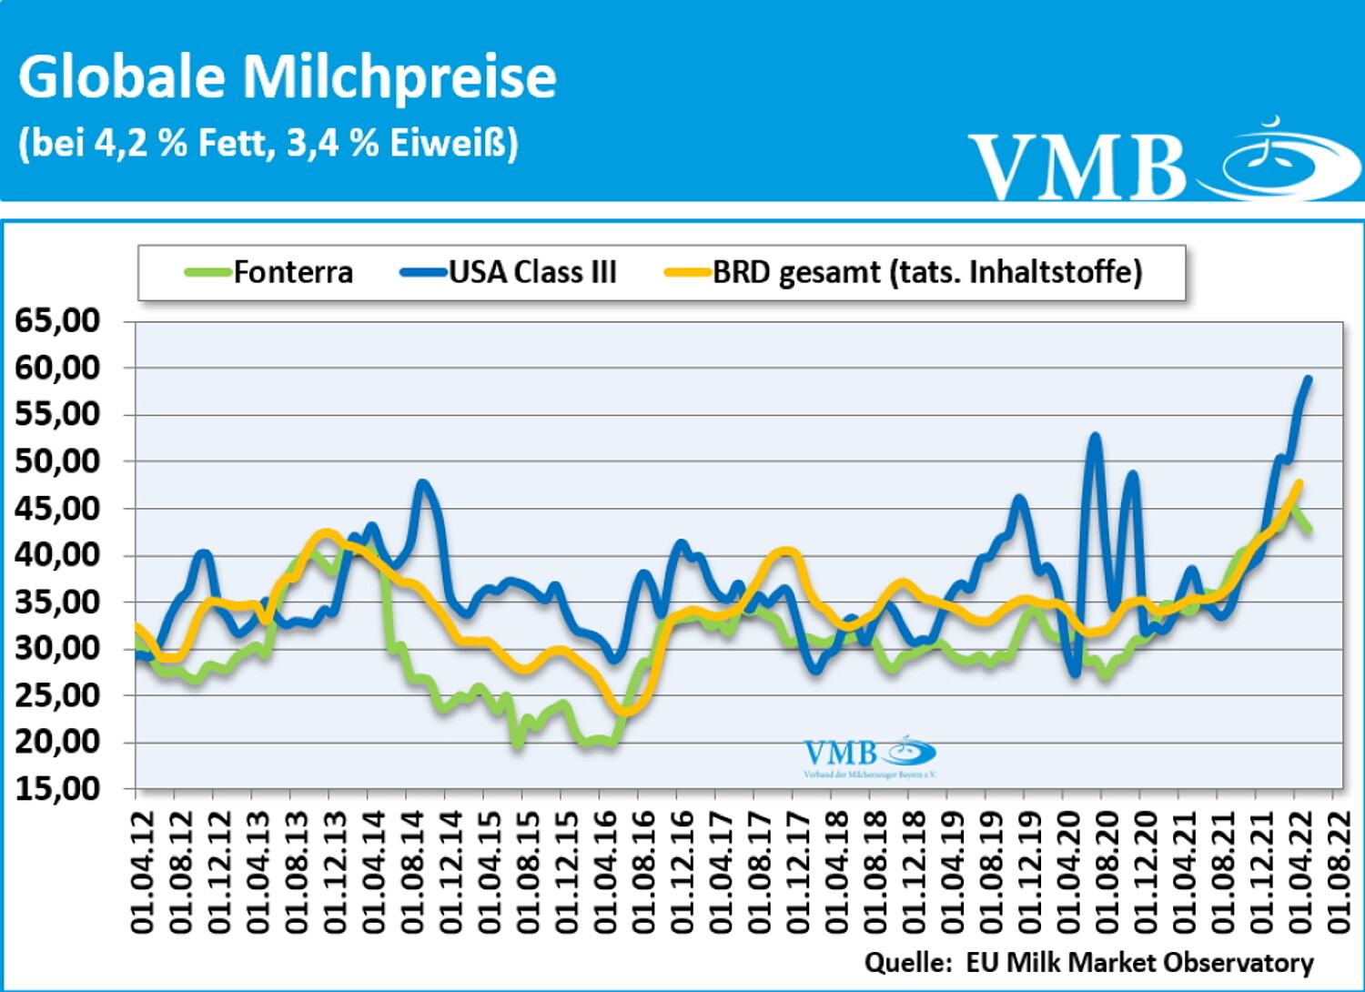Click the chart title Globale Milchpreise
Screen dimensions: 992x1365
(x=287, y=76)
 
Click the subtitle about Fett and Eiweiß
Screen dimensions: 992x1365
(x=268, y=143)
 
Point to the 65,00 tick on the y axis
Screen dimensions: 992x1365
(x=56, y=320)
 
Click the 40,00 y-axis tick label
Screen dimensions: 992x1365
(x=56, y=554)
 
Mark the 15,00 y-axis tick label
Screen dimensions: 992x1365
(x=56, y=788)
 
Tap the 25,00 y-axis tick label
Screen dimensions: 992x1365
(x=56, y=694)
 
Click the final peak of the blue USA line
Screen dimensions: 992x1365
(x=1309, y=379)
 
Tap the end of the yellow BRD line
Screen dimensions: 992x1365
(x=1299, y=483)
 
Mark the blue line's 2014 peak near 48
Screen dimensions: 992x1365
(x=421, y=483)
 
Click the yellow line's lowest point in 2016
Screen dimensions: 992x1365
(x=624, y=711)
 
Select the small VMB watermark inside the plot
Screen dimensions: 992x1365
(x=869, y=756)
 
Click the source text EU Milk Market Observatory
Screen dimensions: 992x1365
(x=1138, y=962)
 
